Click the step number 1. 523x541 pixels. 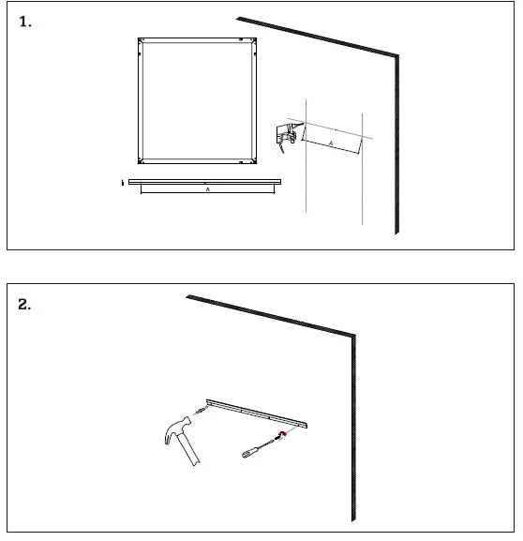[26, 23]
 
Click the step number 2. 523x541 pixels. [27, 306]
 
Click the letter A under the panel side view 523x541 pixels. [207, 189]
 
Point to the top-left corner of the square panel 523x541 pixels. [141, 40]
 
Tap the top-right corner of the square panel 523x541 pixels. [254, 40]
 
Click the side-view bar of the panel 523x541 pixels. [204, 181]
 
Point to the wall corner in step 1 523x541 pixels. [397, 56]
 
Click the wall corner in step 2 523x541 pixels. [352, 334]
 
